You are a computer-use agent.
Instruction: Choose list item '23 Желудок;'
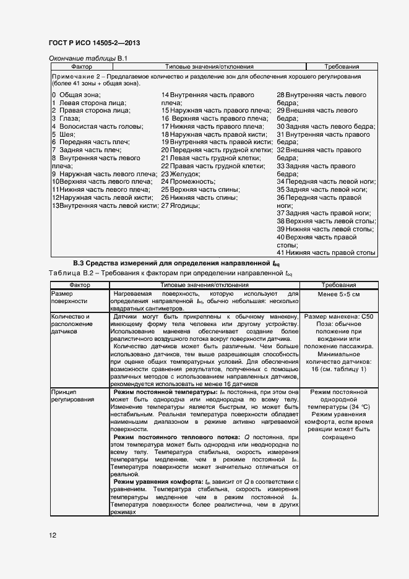(x=181, y=174)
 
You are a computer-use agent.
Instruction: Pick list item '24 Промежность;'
(x=188, y=182)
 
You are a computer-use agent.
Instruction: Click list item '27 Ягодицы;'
(x=181, y=205)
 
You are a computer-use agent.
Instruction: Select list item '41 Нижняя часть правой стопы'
(x=326, y=252)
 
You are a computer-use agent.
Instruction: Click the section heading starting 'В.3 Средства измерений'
(x=176, y=264)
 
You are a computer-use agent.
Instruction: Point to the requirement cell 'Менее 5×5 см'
(x=338, y=294)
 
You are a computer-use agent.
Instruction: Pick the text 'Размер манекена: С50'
(x=338, y=315)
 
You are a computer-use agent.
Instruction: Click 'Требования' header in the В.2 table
(x=338, y=285)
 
